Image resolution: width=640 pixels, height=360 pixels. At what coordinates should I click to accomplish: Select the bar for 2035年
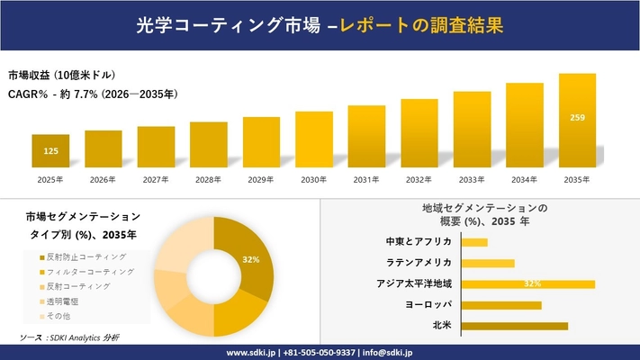tap(577, 121)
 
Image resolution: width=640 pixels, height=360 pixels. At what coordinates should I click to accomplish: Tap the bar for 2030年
tap(314, 139)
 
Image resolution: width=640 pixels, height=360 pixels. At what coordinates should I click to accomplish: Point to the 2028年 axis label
tap(209, 180)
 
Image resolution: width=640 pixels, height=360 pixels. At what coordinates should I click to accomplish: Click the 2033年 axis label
tap(472, 180)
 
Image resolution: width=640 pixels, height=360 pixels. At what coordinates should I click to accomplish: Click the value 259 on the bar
tap(578, 117)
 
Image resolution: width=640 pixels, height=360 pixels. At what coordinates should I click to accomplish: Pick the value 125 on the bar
tap(50, 151)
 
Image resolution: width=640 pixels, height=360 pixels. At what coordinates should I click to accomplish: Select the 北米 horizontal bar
tap(514, 326)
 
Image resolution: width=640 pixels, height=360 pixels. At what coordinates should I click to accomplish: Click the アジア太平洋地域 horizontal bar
tap(527, 284)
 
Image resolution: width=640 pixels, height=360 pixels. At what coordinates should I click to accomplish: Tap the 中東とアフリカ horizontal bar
tap(474, 242)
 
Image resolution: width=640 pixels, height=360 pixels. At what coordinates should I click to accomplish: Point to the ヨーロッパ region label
tap(429, 305)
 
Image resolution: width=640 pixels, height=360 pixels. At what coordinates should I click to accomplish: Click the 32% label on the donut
tap(251, 259)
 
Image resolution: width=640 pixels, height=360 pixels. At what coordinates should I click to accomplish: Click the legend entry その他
tap(59, 315)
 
